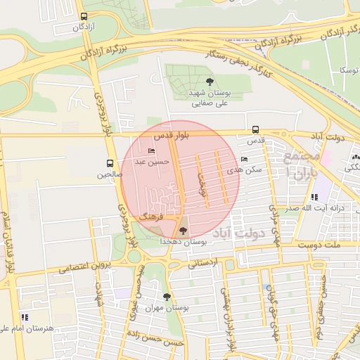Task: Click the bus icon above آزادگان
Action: coord(84,16)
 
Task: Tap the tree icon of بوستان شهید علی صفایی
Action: coord(208,82)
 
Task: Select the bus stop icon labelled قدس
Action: coord(255,129)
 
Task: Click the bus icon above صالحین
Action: coord(110,163)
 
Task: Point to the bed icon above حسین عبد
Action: coord(151,150)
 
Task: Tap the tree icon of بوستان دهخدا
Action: coord(184,230)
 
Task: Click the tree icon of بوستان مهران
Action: coord(167,297)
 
